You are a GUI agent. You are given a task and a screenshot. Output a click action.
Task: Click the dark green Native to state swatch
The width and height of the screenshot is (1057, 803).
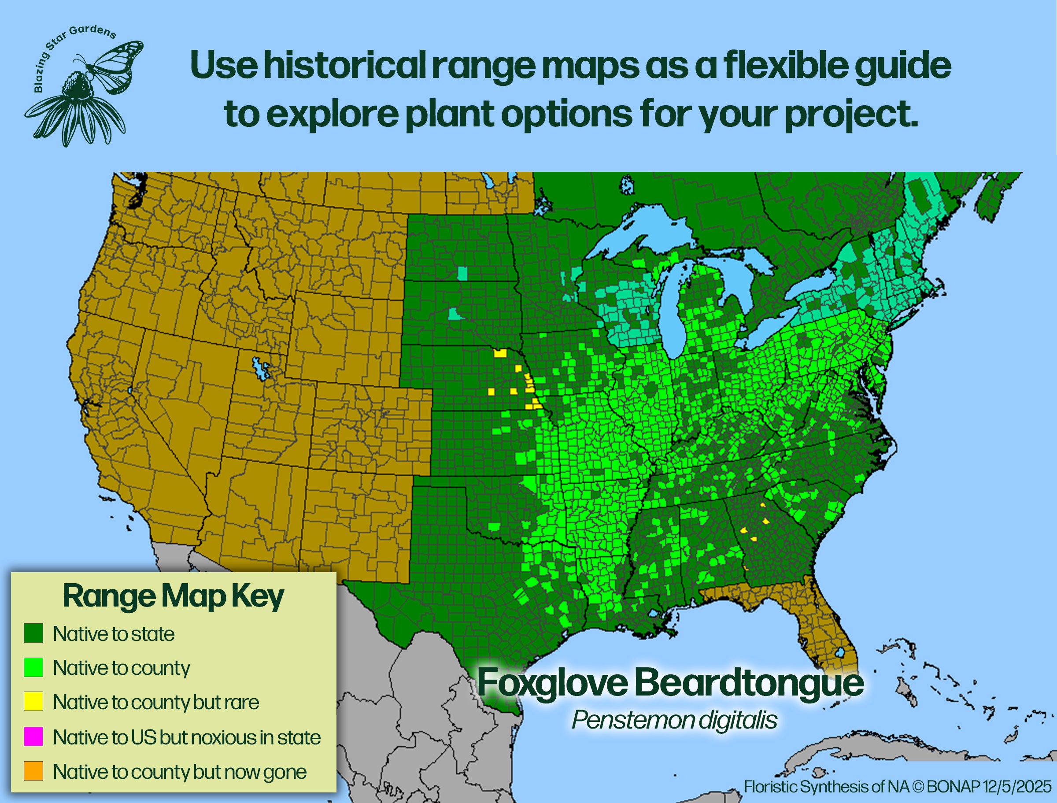(33, 633)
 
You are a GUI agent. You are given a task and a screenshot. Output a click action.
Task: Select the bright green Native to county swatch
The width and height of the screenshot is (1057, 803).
(33, 667)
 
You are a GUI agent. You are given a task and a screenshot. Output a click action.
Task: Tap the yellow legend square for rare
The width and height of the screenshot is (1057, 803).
(33, 702)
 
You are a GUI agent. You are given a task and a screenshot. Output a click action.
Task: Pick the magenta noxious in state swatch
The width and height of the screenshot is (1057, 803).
(33, 736)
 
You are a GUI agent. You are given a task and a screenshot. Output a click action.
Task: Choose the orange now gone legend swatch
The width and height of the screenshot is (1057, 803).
(33, 771)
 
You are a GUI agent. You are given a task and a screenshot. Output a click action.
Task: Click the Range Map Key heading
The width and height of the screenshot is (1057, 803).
(173, 596)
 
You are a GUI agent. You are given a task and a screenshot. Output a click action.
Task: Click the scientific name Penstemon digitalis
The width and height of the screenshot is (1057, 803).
(674, 720)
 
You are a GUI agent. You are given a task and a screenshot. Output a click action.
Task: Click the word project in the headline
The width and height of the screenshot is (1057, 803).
(848, 115)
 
